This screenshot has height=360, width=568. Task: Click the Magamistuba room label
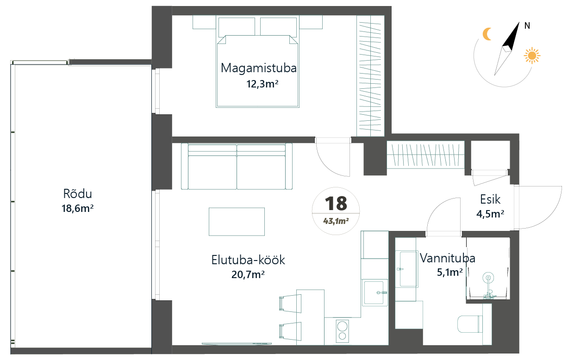pyautogui.click(x=259, y=68)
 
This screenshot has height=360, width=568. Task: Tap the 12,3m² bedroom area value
pyautogui.click(x=262, y=84)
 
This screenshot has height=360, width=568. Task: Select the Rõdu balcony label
pyautogui.click(x=78, y=194)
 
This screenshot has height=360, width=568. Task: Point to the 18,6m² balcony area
pyautogui.click(x=78, y=208)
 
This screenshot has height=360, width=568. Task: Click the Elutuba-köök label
pyautogui.click(x=248, y=260)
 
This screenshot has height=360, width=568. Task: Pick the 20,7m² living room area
pyautogui.click(x=248, y=274)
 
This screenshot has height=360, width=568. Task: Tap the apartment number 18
pyautogui.click(x=336, y=203)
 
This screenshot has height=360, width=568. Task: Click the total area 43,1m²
pyautogui.click(x=336, y=221)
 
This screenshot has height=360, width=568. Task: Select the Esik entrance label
pyautogui.click(x=490, y=199)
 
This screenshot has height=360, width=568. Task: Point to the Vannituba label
pyautogui.click(x=448, y=258)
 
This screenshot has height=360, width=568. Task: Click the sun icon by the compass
pyautogui.click(x=532, y=56)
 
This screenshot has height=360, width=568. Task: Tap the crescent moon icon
pyautogui.click(x=487, y=34)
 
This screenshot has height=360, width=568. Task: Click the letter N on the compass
pyautogui.click(x=527, y=25)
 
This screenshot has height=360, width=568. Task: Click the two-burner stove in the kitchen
pyautogui.click(x=342, y=331)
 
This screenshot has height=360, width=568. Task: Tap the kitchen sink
pyautogui.click(x=375, y=292)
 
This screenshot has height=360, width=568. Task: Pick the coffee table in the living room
pyautogui.click(x=237, y=222)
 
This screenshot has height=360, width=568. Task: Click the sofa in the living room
pyautogui.click(x=237, y=166)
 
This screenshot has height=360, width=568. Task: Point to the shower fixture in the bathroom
pyautogui.click(x=488, y=286)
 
